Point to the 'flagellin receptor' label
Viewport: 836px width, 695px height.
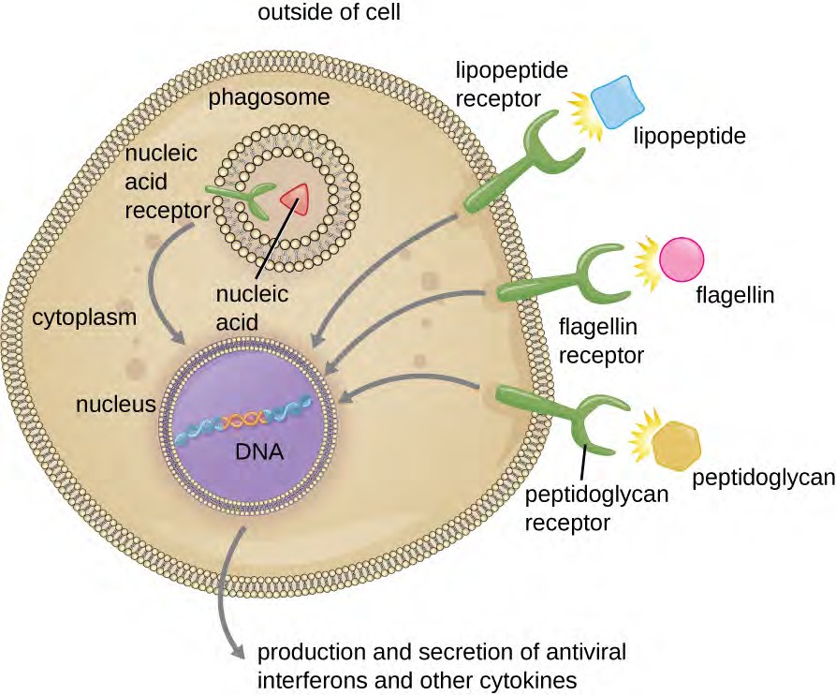click(599, 343)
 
